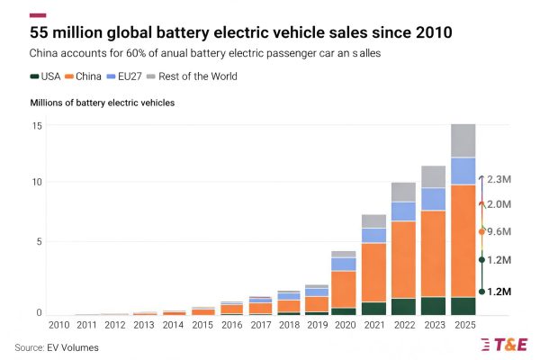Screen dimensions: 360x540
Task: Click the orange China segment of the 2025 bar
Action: (463, 240)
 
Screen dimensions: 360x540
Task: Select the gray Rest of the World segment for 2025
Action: (463, 140)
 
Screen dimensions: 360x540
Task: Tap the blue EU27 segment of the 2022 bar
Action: (403, 211)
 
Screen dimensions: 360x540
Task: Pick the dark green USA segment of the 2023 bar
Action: (433, 305)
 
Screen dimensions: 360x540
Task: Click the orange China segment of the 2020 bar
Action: (344, 289)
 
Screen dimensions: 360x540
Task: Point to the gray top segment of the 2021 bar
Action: (373, 221)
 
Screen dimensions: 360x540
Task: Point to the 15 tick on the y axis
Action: (36, 124)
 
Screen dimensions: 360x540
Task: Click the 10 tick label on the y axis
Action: (36, 183)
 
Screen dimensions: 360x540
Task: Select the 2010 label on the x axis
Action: (58, 325)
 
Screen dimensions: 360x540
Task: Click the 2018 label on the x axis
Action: (288, 325)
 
